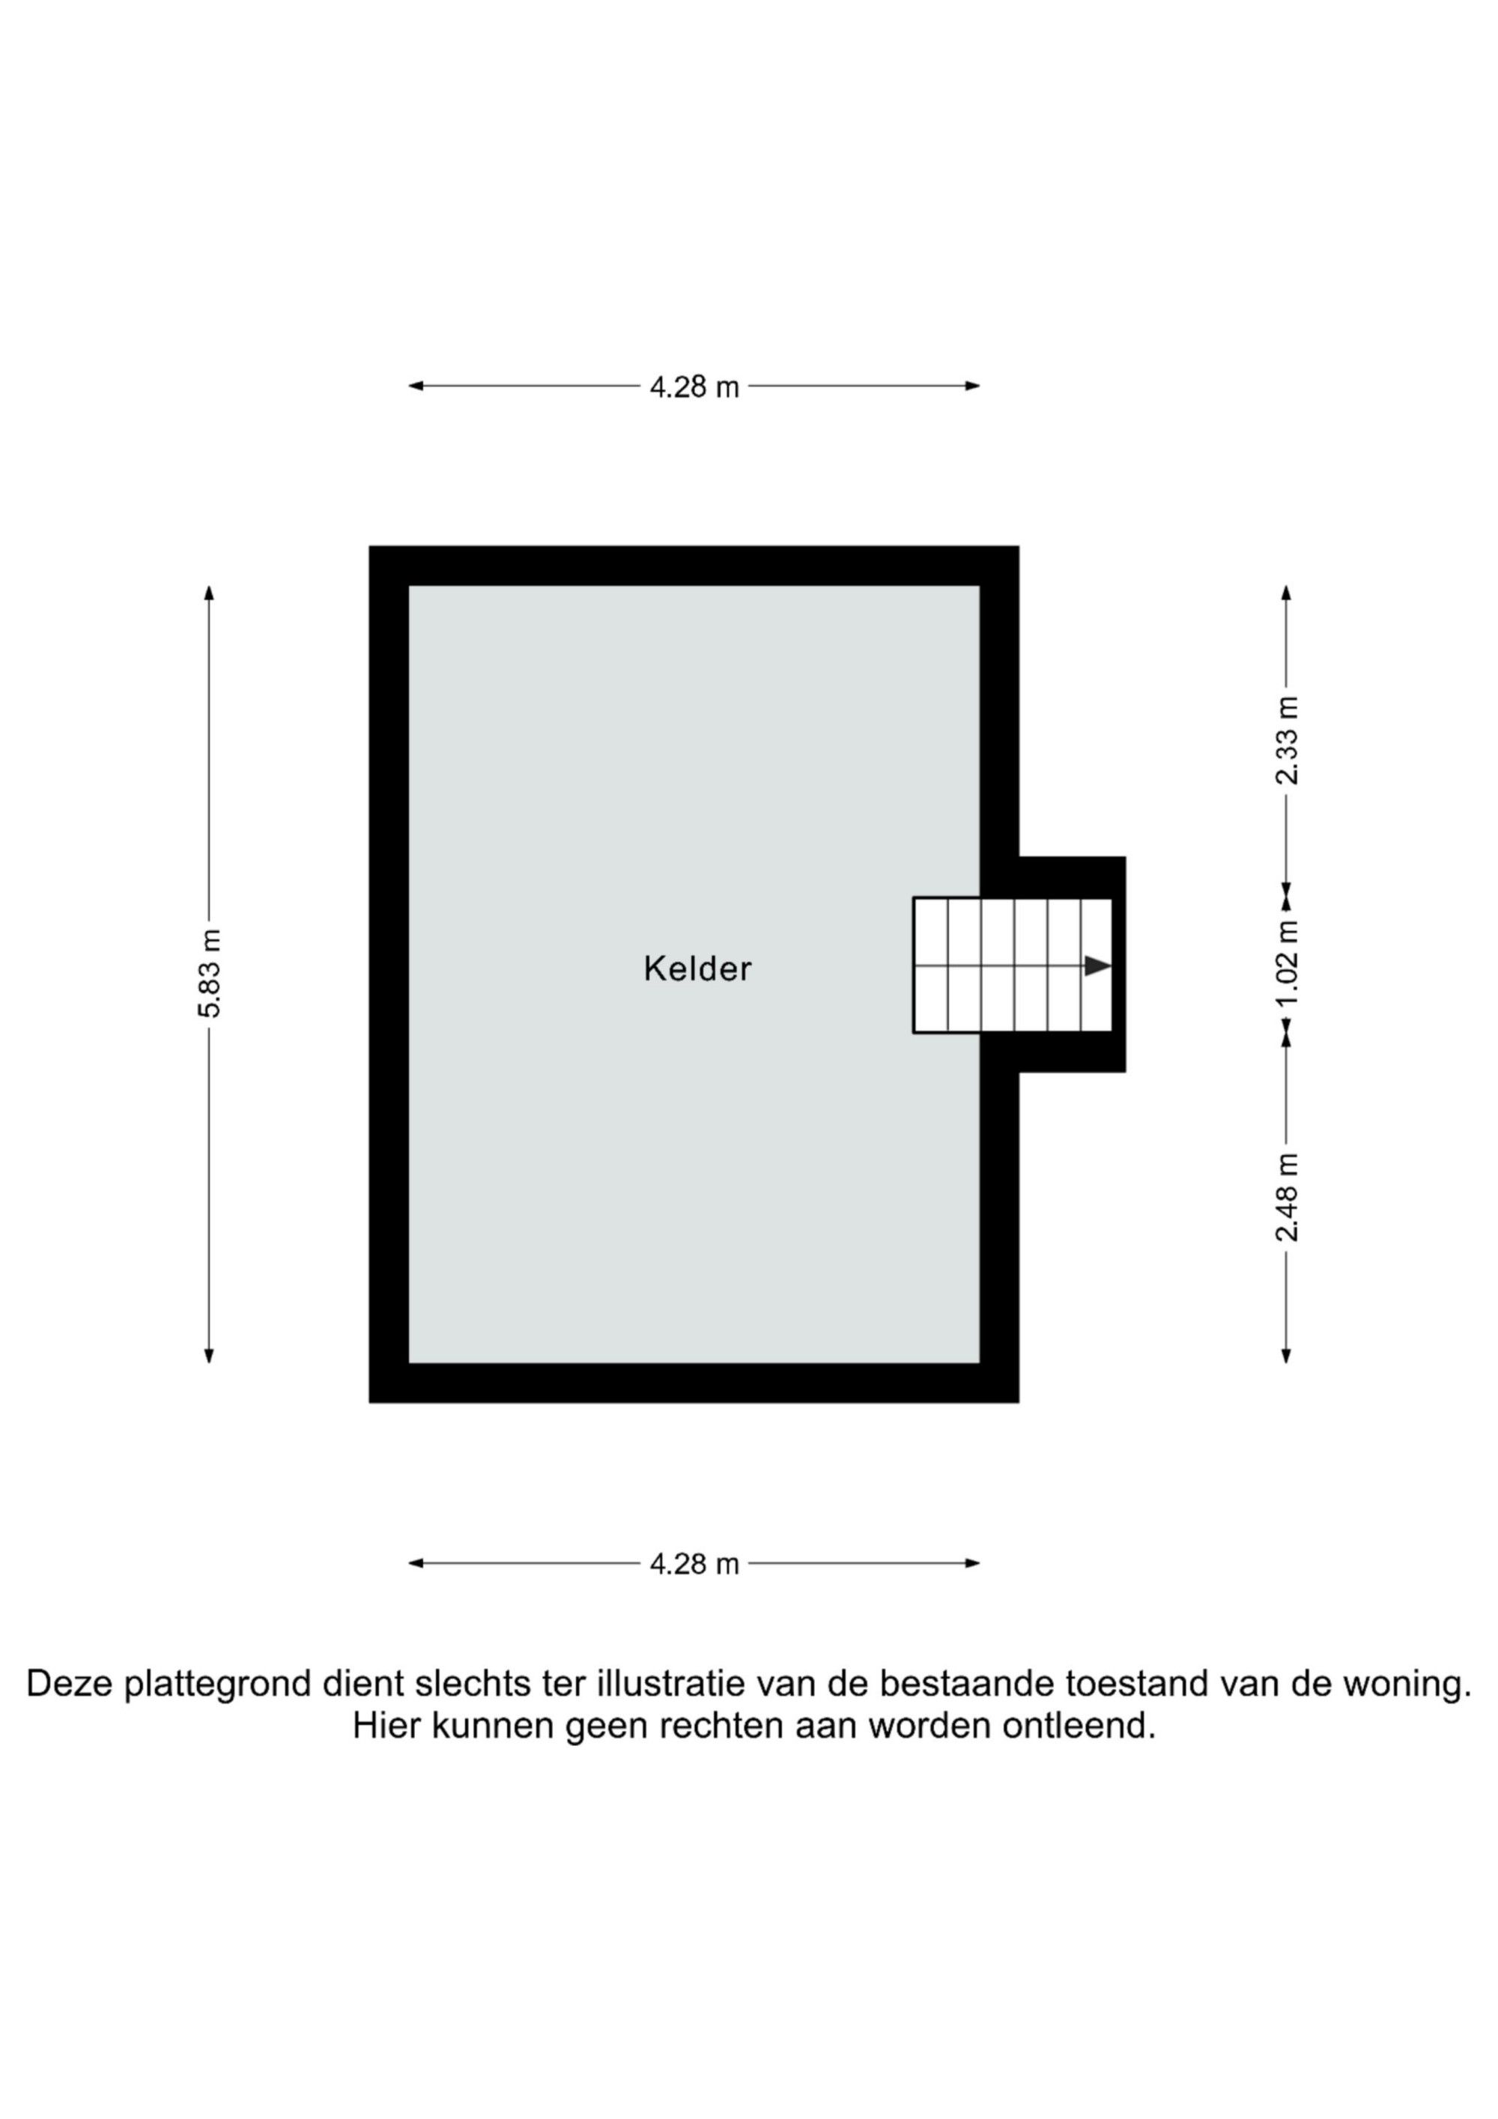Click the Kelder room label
point(698,969)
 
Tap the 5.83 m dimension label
point(210,973)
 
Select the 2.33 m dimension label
point(1287,740)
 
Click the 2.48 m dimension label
point(1287,1197)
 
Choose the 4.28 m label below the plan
point(694,1564)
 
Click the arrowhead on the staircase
point(1097,966)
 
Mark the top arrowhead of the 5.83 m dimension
point(210,592)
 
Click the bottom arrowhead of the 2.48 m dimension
point(1287,1355)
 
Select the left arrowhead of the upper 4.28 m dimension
point(416,386)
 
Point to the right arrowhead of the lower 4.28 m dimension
point(972,1563)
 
